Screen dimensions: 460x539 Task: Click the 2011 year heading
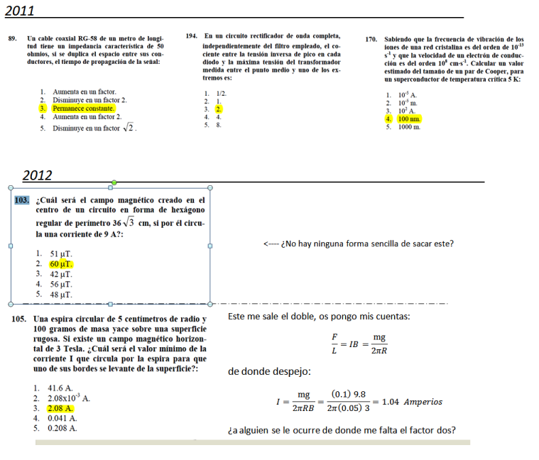pyautogui.click(x=21, y=9)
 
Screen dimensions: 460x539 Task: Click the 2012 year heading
pyautogui.click(x=37, y=175)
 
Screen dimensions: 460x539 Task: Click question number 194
pyautogui.click(x=191, y=35)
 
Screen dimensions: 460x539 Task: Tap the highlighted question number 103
pyautogui.click(x=22, y=200)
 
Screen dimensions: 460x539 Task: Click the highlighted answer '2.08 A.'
pyautogui.click(x=61, y=409)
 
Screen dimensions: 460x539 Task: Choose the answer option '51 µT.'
pyautogui.click(x=60, y=253)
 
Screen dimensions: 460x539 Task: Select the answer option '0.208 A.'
pyautogui.click(x=62, y=428)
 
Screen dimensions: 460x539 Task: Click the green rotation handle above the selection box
pyautogui.click(x=114, y=182)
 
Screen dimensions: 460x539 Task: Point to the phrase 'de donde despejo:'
pyautogui.click(x=268, y=371)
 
